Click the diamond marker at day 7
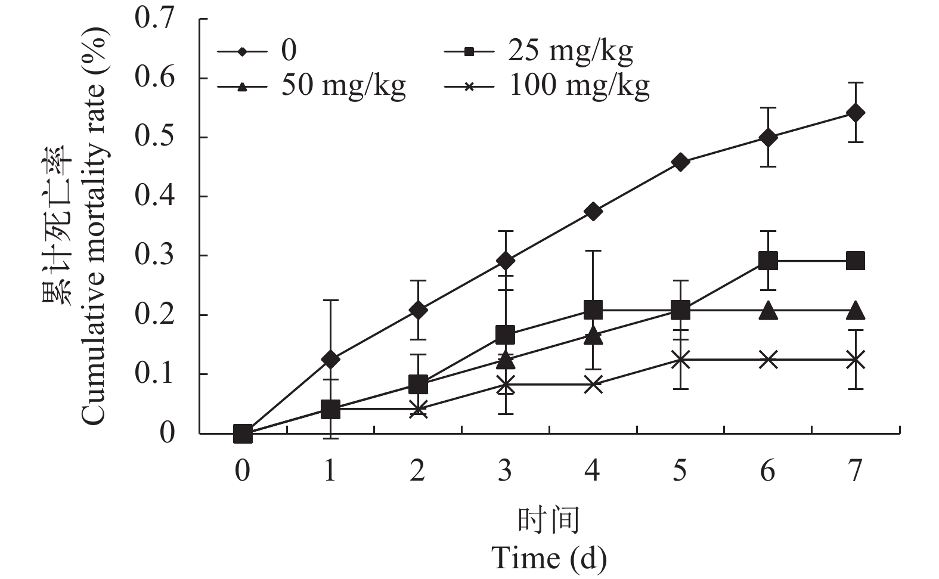[856, 113]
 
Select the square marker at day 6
[768, 261]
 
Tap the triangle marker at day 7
[856, 310]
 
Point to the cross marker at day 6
[768, 360]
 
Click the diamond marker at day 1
[330, 360]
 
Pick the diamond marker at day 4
[593, 211]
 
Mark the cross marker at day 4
[593, 385]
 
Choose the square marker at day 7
[856, 261]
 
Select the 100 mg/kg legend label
[578, 86]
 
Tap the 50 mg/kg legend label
[343, 86]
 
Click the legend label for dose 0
[289, 51]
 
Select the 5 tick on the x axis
[680, 471]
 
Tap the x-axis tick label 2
[417, 471]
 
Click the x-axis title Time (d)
[548, 558]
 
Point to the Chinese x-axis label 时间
[548, 521]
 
